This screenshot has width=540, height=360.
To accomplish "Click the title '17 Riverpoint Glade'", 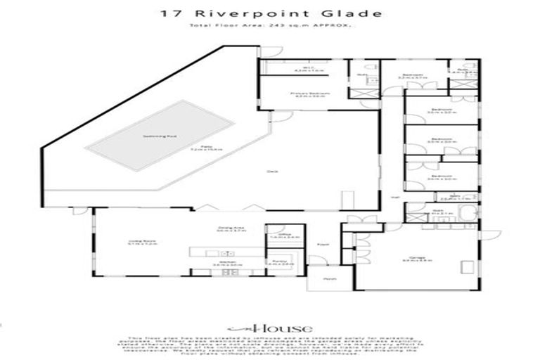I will click(x=270, y=13).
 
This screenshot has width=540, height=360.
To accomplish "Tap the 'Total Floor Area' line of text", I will click(x=270, y=25).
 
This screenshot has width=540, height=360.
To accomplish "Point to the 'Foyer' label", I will click(x=323, y=245).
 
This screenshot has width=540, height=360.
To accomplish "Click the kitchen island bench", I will click(x=225, y=251).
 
